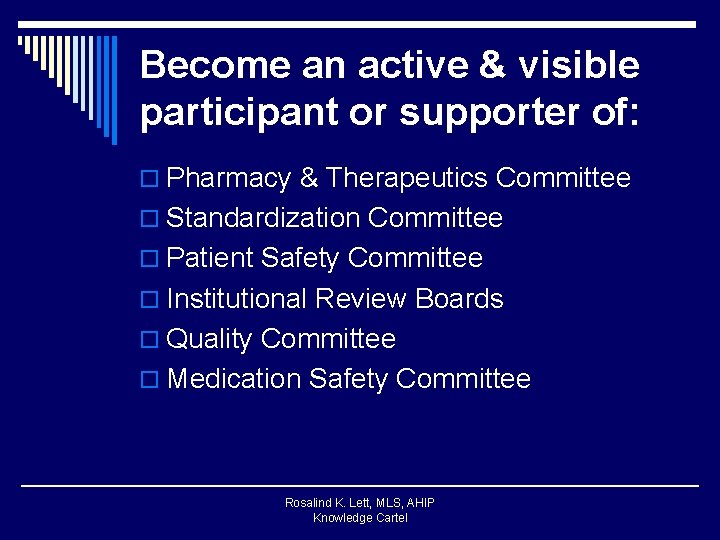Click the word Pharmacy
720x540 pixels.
point(229,179)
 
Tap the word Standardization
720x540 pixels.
point(264,218)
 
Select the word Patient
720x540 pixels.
point(210,258)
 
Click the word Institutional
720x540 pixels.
point(237,299)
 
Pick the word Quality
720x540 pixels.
point(210,340)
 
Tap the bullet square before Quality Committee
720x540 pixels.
point(150,341)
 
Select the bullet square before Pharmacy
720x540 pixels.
point(150,180)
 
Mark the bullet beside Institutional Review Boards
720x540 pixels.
point(150,300)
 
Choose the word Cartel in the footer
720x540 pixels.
point(389,518)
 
